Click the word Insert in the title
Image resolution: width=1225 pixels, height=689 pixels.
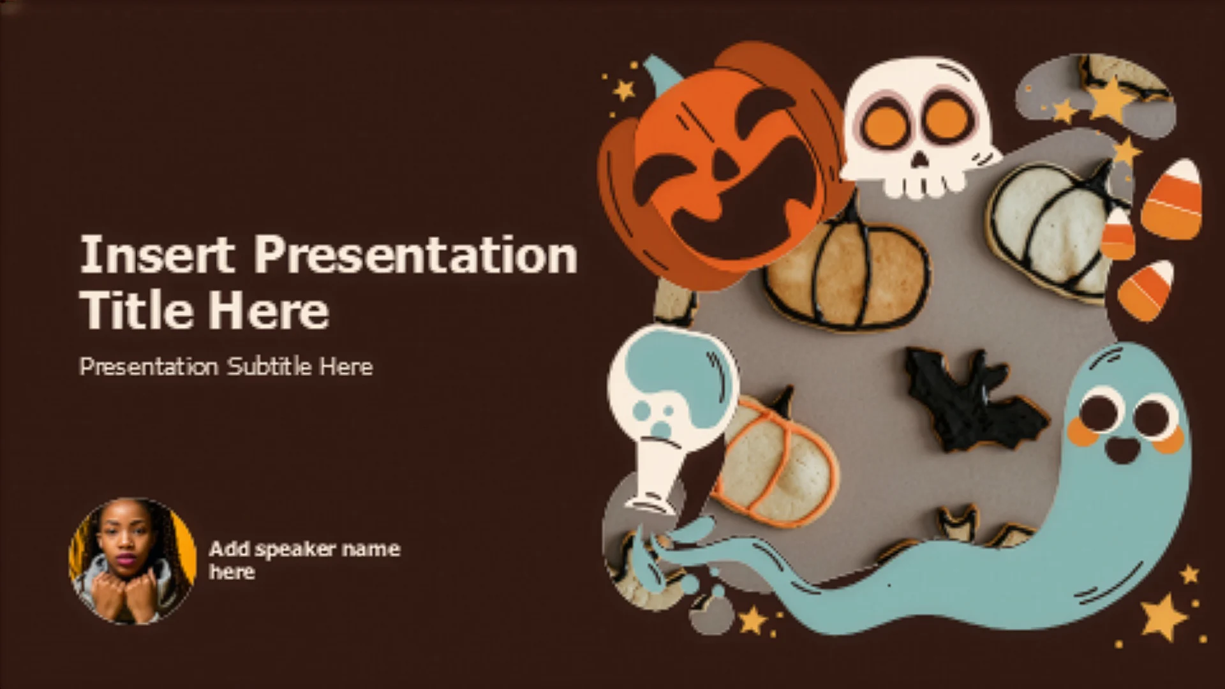tap(157, 254)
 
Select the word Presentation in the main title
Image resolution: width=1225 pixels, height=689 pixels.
tap(416, 254)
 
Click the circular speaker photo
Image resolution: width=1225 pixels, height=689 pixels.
tap(133, 561)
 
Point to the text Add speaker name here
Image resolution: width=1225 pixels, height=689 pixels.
tap(305, 560)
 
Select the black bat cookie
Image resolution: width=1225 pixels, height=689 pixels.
tap(973, 400)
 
